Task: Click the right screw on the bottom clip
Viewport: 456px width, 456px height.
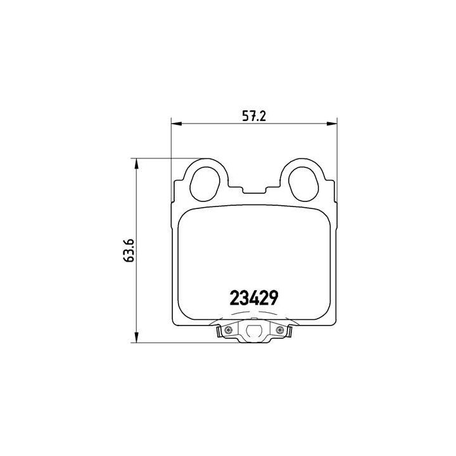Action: [x=280, y=329]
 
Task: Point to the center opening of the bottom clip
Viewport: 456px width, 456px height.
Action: [x=255, y=331]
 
